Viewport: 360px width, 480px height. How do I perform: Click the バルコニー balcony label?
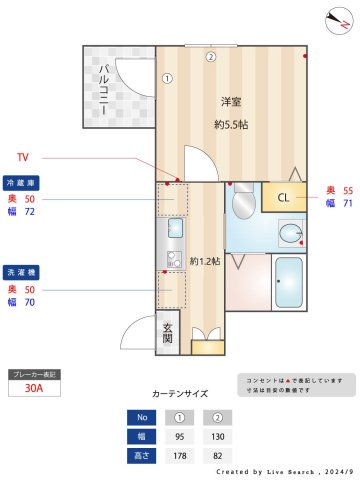coord(103,90)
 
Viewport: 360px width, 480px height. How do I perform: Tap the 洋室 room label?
coord(231,101)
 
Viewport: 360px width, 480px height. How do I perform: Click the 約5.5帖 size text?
coord(231,125)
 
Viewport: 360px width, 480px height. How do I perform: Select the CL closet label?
coord(284,197)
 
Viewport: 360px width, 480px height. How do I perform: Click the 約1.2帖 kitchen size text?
coord(205,261)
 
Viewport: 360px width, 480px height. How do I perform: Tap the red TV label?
coord(25,158)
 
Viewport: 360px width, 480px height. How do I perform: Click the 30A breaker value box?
coord(36,390)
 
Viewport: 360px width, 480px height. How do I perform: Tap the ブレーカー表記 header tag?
coord(36,374)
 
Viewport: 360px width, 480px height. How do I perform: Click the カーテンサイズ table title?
coord(180,394)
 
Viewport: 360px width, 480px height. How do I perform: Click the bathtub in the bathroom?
coord(288,284)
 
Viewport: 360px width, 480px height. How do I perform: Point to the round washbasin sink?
coord(291,234)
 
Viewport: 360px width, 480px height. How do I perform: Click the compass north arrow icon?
coord(336,20)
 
